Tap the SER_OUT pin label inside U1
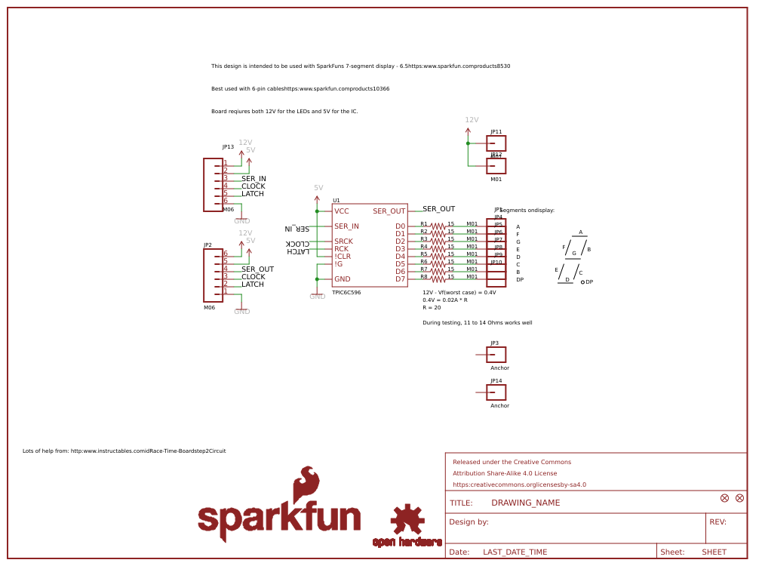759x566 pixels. pyautogui.click(x=389, y=211)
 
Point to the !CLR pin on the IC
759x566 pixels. pyautogui.click(x=343, y=257)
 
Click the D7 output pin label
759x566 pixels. pyautogui.click(x=400, y=279)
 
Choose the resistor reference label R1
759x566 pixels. pyautogui.click(x=424, y=223)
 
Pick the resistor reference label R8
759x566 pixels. pyautogui.click(x=424, y=276)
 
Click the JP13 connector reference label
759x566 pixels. pyautogui.click(x=228, y=147)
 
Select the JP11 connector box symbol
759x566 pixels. pyautogui.click(x=496, y=143)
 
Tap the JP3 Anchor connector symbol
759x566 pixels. pyautogui.click(x=496, y=355)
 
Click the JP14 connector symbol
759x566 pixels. pyautogui.click(x=496, y=392)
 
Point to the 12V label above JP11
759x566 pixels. pyautogui.click(x=472, y=120)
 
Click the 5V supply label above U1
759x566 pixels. pyautogui.click(x=318, y=188)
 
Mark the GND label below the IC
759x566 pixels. pyautogui.click(x=318, y=297)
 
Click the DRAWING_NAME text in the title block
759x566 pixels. pyautogui.click(x=525, y=503)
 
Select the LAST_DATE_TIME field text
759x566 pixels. pyautogui.click(x=515, y=552)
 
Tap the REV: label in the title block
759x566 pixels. pyautogui.click(x=718, y=522)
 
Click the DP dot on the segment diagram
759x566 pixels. pyautogui.click(x=582, y=281)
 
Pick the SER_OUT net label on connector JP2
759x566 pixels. pyautogui.click(x=257, y=269)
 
